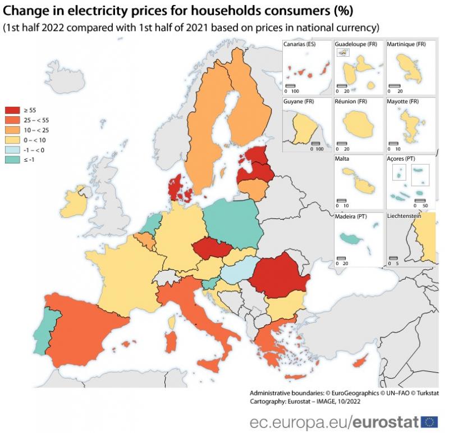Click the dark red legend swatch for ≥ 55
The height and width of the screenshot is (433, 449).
(13, 110)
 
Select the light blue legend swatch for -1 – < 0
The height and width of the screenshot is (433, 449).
(13, 150)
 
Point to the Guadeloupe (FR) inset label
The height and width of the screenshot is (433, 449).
(356, 44)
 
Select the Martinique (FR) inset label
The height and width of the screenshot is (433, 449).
(407, 44)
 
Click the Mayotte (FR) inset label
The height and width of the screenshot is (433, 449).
(403, 102)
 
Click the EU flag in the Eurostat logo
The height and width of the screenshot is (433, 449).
(429, 421)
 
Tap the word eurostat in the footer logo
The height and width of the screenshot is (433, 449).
(387, 421)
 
